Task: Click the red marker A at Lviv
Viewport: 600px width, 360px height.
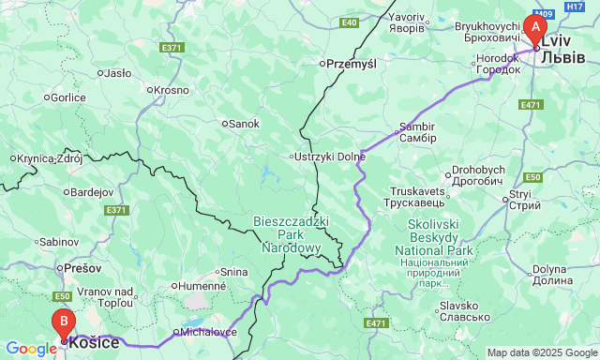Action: click(535, 29)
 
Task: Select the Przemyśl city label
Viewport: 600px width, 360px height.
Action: click(350, 64)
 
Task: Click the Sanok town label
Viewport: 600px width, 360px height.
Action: click(244, 123)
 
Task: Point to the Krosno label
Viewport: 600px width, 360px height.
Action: click(172, 90)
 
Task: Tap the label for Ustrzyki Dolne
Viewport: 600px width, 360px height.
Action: click(328, 156)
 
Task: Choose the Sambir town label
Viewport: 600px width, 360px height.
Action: click(417, 131)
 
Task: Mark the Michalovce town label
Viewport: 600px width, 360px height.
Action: click(210, 332)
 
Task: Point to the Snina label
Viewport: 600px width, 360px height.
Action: click(233, 272)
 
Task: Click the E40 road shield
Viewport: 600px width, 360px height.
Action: click(349, 22)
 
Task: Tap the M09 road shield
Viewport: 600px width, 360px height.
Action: click(545, 14)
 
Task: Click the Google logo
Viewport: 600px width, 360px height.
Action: click(30, 349)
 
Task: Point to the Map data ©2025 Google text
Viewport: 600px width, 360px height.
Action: click(541, 352)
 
